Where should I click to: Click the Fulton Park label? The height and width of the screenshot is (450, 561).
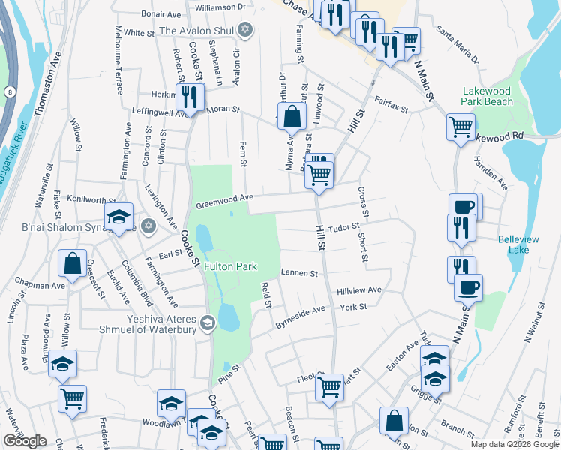(233, 266)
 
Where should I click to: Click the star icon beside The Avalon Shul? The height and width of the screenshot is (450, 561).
(243, 30)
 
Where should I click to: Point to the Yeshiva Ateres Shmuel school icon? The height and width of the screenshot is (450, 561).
(208, 323)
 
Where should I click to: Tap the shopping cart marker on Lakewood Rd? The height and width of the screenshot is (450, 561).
(460, 126)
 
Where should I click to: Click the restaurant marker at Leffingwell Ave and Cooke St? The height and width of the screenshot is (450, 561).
(188, 97)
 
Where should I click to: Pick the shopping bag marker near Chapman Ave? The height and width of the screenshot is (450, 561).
(72, 263)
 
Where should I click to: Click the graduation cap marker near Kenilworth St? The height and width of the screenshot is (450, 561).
(118, 217)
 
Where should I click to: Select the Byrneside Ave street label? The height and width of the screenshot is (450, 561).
(301, 313)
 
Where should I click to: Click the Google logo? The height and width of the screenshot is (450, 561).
(25, 441)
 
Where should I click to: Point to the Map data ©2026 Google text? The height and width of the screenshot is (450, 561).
(514, 444)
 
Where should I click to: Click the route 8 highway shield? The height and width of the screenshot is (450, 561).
(9, 91)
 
